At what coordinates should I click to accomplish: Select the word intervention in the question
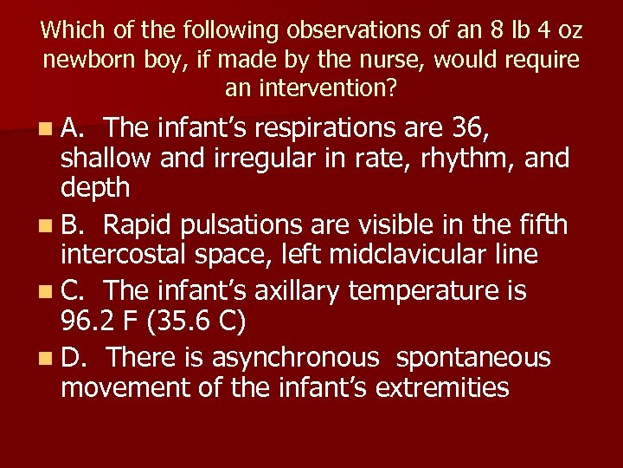[x=322, y=88]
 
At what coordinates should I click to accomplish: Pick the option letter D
[x=73, y=357]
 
